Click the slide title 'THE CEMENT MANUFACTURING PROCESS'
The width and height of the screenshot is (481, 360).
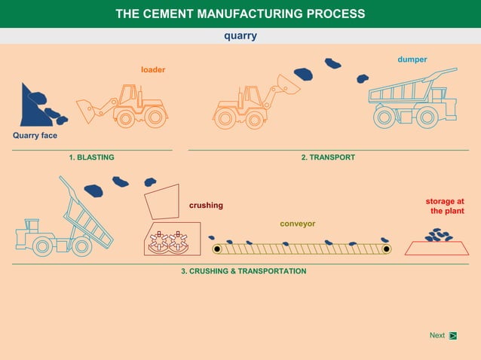click(240, 14)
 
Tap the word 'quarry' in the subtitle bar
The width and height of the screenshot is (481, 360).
click(240, 35)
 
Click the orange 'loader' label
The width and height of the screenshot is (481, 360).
click(153, 70)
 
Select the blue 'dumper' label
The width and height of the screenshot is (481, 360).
click(412, 59)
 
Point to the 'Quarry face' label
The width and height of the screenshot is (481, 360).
click(35, 136)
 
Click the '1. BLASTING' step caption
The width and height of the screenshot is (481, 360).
click(91, 157)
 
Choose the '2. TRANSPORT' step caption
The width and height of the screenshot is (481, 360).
click(328, 157)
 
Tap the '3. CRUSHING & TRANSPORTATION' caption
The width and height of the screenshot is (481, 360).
click(244, 270)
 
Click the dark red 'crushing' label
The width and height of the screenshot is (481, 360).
click(206, 205)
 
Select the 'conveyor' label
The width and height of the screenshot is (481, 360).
click(298, 224)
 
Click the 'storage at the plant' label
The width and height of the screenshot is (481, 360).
click(445, 206)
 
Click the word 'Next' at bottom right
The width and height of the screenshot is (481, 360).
click(437, 335)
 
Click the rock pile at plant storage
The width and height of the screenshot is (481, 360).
click(437, 236)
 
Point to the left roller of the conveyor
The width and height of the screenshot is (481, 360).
click(217, 249)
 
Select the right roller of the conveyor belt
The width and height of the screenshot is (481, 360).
click(385, 249)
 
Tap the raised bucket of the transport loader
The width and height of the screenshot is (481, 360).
click(288, 84)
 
